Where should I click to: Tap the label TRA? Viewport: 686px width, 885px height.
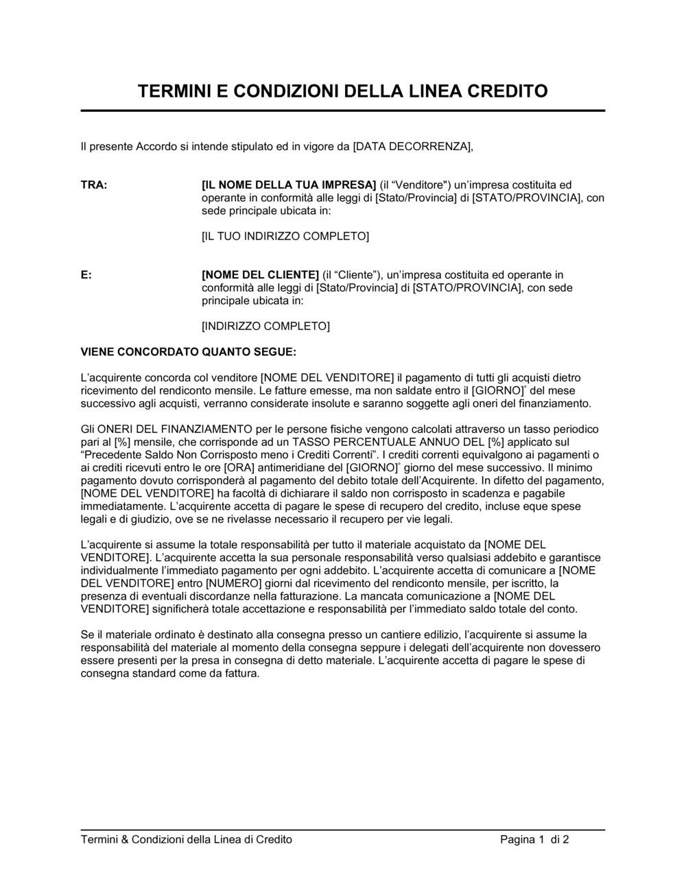click(94, 185)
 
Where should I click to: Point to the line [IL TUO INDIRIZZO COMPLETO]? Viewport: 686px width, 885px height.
click(285, 236)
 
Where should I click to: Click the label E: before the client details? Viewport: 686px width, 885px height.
click(86, 274)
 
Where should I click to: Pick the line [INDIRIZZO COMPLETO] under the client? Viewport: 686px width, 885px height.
click(265, 326)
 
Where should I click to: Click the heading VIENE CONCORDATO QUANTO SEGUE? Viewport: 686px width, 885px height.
click(189, 352)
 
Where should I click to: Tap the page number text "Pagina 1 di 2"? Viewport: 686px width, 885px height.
click(534, 839)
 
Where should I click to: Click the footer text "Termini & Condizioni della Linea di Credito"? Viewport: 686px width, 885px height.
click(187, 839)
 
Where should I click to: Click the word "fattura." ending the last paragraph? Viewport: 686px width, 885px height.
click(241, 673)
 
